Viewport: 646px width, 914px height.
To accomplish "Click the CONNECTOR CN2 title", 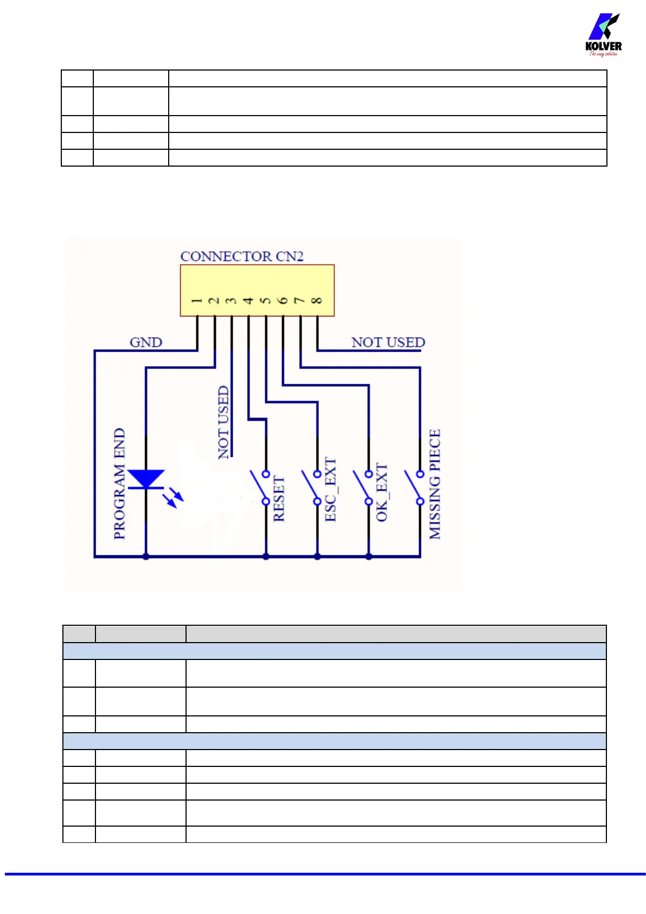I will click(242, 256).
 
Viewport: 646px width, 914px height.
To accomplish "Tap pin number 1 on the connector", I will click(197, 300).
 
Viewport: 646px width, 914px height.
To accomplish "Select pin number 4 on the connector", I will click(248, 300).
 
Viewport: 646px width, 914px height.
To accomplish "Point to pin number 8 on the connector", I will click(317, 300).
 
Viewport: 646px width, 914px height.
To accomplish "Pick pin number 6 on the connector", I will click(283, 300).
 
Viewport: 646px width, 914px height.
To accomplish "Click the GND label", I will click(145, 342).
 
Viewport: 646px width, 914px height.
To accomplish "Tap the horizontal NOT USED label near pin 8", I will click(388, 342).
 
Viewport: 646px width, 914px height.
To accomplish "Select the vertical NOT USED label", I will click(223, 422).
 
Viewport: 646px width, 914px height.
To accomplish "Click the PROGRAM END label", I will click(119, 484).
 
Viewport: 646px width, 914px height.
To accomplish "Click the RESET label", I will click(279, 499).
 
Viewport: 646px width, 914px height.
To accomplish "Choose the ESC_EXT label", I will click(330, 490).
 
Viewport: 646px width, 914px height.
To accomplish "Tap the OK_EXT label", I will click(382, 492).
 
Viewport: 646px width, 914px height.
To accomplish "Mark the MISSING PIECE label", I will click(434, 484).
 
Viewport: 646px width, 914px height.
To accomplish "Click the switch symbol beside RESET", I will click(259, 487).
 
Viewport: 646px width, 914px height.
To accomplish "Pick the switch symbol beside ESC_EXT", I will click(310, 487).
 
